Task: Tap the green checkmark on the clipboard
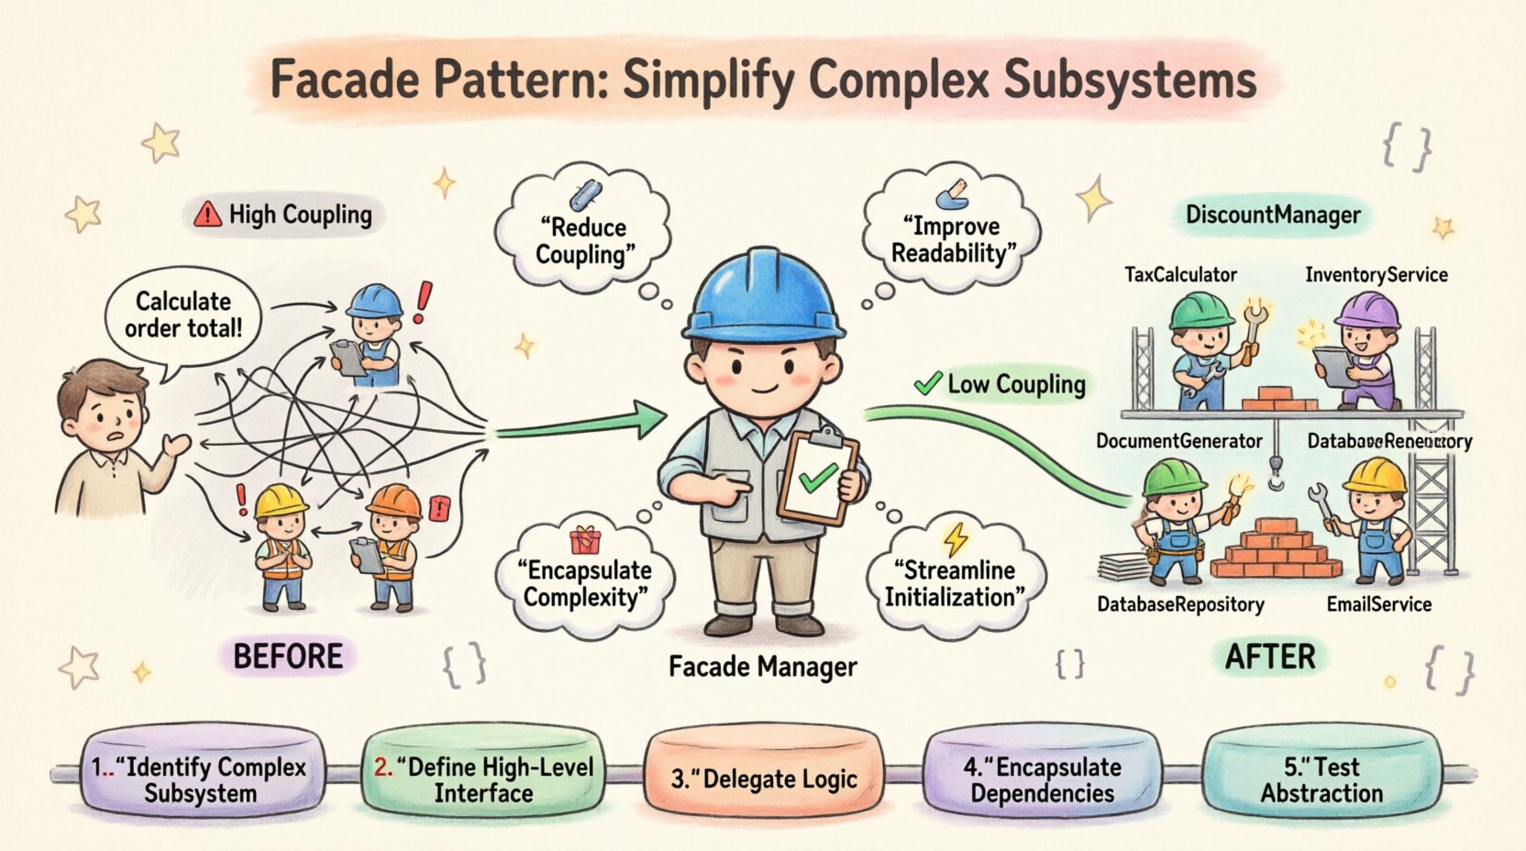817,477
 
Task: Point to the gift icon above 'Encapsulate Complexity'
584,539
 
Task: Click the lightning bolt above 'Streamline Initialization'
956,538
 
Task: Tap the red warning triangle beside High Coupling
208,215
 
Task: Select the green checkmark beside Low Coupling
928,382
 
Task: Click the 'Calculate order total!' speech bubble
183,315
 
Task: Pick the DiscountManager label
1273,216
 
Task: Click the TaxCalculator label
1180,274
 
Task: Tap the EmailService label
1378,604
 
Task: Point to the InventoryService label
1376,274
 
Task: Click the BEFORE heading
288,657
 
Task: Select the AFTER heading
1270,657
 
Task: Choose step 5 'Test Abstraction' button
1321,779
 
